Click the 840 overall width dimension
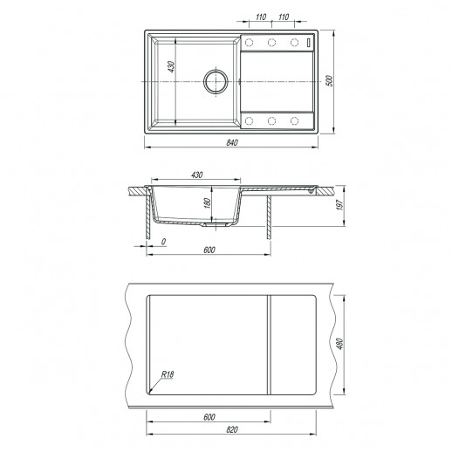tap(232, 142)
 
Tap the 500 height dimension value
tap(329, 80)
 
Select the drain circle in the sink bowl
tap(216, 81)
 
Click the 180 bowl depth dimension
tap(207, 203)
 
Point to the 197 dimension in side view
tap(340, 205)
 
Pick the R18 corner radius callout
tap(168, 374)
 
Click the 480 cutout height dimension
tap(340, 344)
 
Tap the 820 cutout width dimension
tap(232, 429)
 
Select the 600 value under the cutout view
tap(209, 417)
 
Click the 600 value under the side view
tap(209, 250)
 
